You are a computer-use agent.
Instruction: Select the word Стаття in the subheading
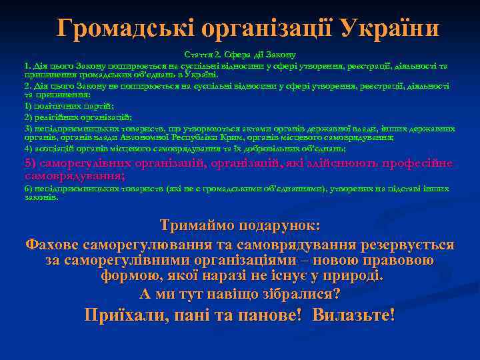click(x=196, y=53)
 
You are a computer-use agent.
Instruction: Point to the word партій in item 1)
click(x=97, y=106)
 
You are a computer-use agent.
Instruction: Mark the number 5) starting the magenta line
click(x=31, y=163)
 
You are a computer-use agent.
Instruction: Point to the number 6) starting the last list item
click(x=28, y=189)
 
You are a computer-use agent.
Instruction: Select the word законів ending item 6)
click(x=41, y=197)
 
